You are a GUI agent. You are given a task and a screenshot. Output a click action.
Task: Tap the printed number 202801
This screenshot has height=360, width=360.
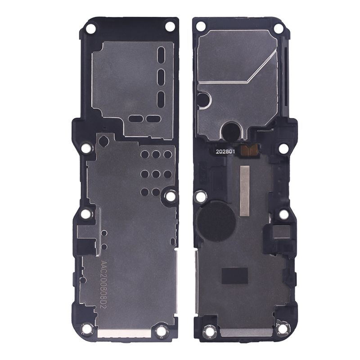click(x=225, y=152)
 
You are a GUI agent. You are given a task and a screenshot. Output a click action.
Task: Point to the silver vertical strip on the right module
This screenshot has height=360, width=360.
click(x=244, y=190)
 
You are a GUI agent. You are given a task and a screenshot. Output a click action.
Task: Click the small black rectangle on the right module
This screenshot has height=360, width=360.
click(x=235, y=275)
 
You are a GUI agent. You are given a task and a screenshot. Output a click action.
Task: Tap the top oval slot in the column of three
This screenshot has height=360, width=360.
click(x=162, y=54)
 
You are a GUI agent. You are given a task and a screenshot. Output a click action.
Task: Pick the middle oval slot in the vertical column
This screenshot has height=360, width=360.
click(x=162, y=76)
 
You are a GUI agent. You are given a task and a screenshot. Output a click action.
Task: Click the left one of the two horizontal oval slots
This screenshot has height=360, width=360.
click(x=136, y=119)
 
